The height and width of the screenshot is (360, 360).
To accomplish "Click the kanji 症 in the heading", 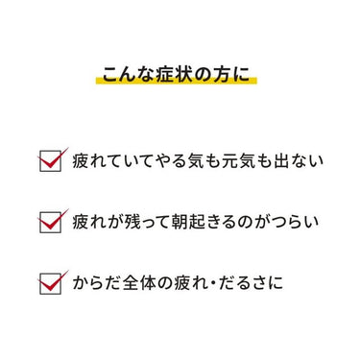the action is click(x=165, y=75).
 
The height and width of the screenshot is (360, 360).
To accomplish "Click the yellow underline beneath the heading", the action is click(x=177, y=80).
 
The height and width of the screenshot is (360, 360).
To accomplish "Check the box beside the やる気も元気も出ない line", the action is click(x=50, y=161).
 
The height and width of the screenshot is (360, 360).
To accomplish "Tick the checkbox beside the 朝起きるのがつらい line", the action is click(x=50, y=223).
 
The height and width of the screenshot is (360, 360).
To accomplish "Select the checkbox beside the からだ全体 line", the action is click(x=50, y=284).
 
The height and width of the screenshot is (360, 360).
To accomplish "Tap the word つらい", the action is click(x=295, y=223).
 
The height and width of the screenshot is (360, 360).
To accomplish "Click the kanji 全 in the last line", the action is click(x=132, y=283).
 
